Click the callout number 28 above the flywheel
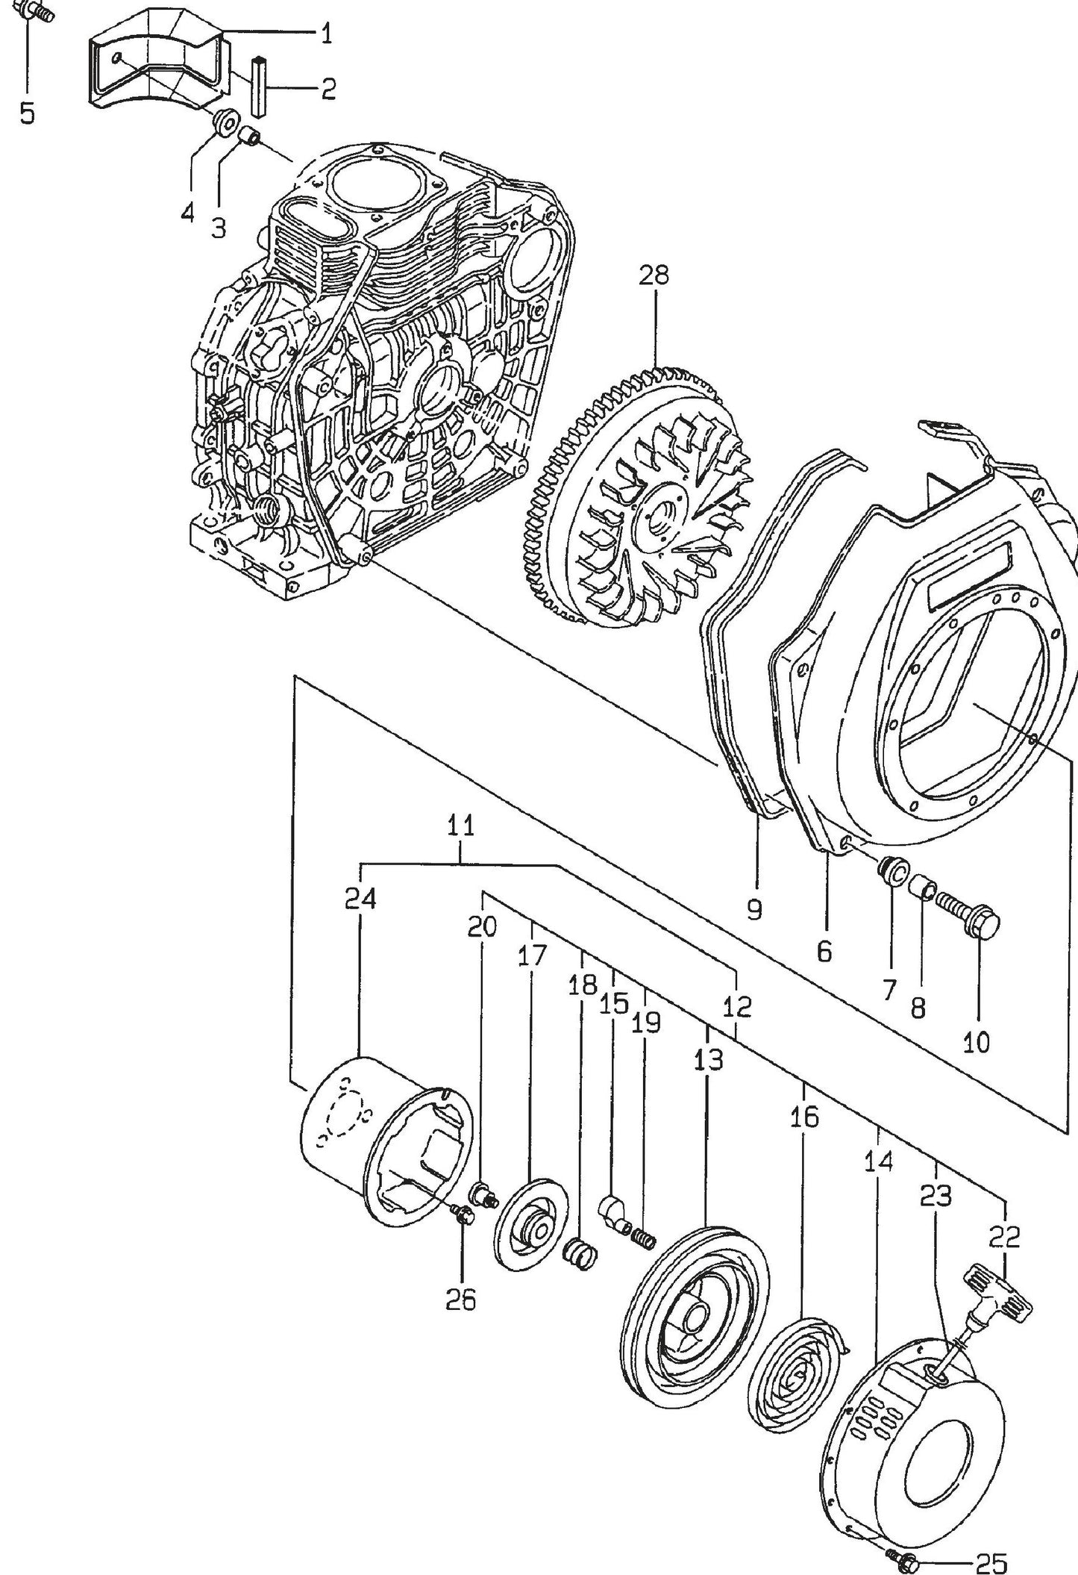pos(654,276)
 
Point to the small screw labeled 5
pos(35,11)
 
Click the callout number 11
pos(461,826)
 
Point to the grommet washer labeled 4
pos(224,122)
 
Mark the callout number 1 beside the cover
pos(326,34)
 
